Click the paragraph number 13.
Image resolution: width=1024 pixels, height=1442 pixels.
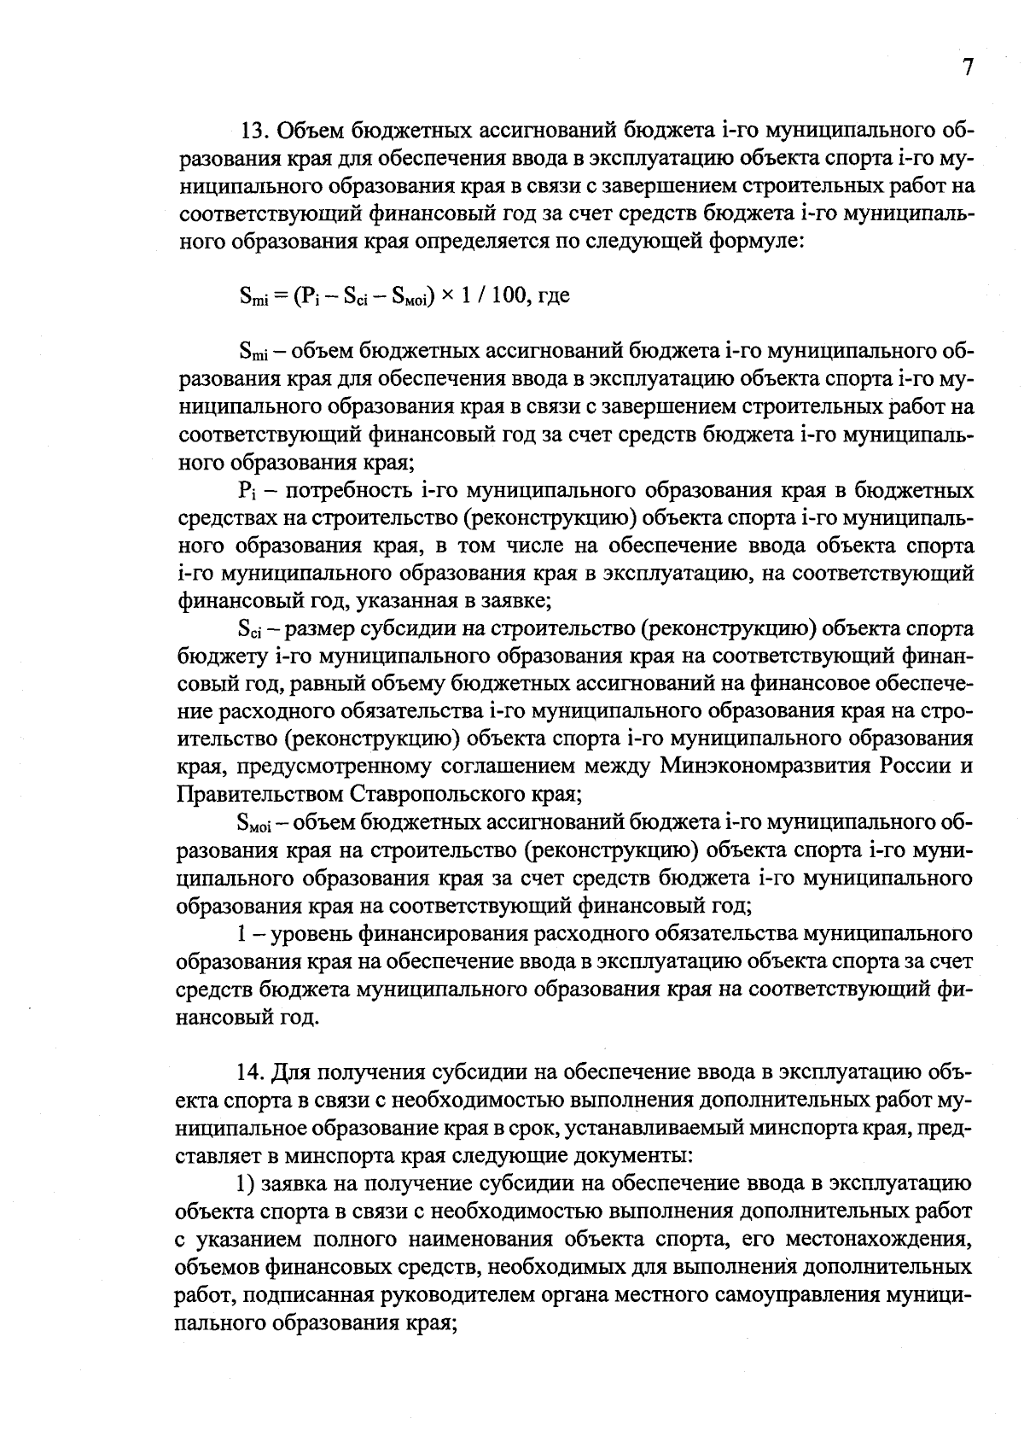point(255,131)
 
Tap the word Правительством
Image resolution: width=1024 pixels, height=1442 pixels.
point(259,794)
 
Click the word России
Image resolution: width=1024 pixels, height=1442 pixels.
point(911,767)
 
